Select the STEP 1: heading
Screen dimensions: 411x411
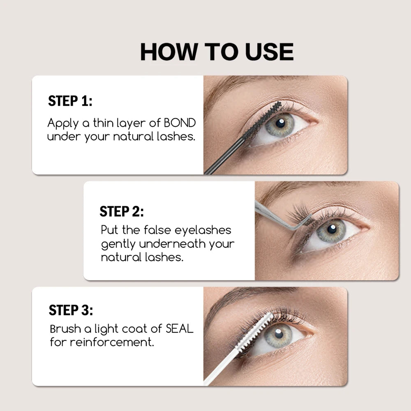[x=70, y=101]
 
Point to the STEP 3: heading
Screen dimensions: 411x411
[x=71, y=310]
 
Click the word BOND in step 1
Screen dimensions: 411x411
[x=180, y=123]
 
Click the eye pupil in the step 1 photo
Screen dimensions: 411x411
[x=281, y=123]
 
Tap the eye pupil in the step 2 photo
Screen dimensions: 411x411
[x=332, y=229]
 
